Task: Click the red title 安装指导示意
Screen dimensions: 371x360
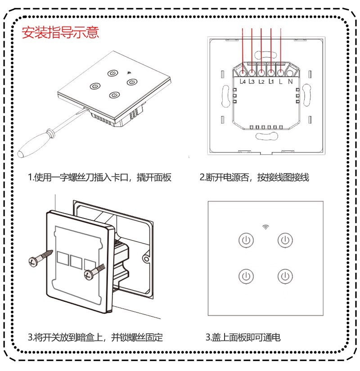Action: (61, 33)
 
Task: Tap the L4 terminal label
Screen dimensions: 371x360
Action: (243, 82)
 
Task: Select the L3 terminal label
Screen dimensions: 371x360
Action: (252, 82)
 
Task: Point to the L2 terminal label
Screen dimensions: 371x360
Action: (261, 82)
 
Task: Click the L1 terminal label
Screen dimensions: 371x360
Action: (271, 82)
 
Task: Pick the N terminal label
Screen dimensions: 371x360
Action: (290, 82)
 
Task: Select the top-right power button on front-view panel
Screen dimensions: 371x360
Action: (284, 240)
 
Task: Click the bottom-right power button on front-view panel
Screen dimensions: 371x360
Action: (284, 275)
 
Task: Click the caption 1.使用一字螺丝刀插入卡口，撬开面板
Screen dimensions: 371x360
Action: (100, 178)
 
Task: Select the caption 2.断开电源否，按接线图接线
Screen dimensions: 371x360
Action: (254, 178)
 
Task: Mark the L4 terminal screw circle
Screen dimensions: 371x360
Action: (243, 72)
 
